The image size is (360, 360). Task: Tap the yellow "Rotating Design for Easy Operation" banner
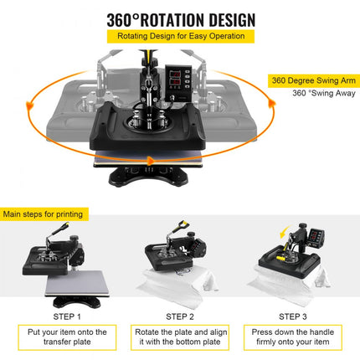[x=181, y=37]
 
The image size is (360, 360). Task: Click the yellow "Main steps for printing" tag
[x=44, y=214]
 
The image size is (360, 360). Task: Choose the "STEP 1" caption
[x=66, y=316]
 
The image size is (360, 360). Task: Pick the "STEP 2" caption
[x=180, y=316]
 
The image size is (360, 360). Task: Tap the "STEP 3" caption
[x=293, y=316]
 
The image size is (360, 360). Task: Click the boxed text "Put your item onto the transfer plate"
[x=67, y=337]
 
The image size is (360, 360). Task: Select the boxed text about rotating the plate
[x=180, y=337]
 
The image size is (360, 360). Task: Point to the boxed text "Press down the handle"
[x=293, y=337]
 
